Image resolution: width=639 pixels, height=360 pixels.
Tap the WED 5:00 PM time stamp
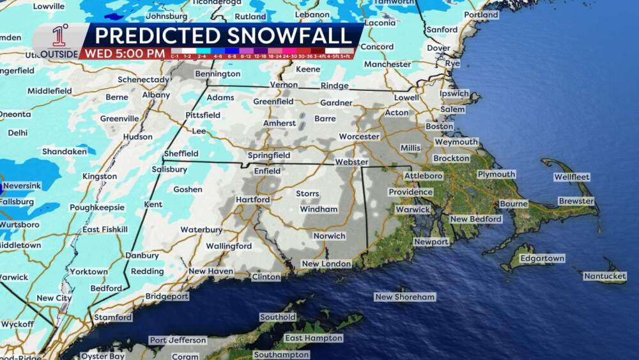(125, 54)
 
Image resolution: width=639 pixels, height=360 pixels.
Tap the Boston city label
(439, 127)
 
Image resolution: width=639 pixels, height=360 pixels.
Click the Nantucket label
(604, 276)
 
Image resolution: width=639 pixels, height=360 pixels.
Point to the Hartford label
(252, 200)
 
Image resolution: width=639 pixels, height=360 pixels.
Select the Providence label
(410, 192)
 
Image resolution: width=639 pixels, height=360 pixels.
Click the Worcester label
(358, 136)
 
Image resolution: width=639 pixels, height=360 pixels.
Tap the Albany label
(156, 95)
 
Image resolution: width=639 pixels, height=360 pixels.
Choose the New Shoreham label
(404, 297)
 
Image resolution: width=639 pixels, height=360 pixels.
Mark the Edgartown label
(543, 258)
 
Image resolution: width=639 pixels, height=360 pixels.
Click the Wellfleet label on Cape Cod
(572, 176)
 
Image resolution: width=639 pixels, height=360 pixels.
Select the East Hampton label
(313, 338)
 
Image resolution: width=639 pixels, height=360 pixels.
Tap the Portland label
(481, 15)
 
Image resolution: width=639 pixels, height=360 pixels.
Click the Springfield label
(269, 155)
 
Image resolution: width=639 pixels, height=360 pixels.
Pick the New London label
(326, 263)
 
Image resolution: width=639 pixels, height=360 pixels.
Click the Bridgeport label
(167, 296)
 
